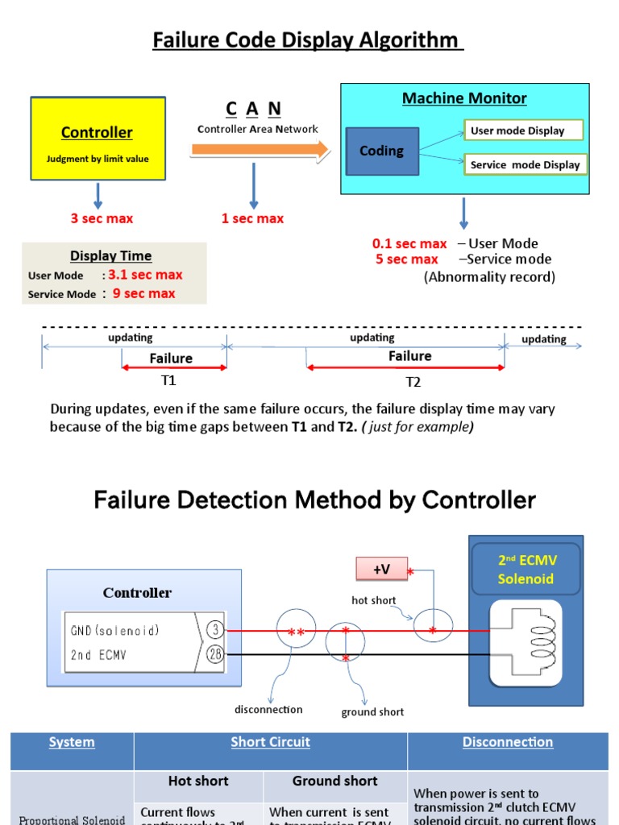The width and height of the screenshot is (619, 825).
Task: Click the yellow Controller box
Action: point(98,138)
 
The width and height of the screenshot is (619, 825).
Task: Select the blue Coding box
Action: point(381,151)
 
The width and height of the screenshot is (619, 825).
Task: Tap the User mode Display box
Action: point(523,131)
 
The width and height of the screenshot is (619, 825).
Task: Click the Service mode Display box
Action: point(525,164)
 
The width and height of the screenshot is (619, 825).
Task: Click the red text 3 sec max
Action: point(102,218)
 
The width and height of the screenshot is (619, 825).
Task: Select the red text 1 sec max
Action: point(252,218)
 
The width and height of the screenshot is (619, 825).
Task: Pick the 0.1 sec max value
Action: point(409,243)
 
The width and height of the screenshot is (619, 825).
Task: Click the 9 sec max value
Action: point(143,293)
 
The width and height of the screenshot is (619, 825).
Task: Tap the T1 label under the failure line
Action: point(168,379)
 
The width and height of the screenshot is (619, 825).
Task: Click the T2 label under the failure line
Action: point(413,381)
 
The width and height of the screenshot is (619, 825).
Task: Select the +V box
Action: point(381,569)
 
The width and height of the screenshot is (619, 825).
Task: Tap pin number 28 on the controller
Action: point(214,654)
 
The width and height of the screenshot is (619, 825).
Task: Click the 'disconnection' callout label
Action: point(268,709)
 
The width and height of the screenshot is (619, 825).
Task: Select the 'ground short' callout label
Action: point(372,711)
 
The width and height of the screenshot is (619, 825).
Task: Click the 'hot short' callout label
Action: point(373,600)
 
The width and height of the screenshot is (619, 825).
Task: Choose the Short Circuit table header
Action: point(270,742)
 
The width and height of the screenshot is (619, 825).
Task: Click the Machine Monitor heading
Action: point(464,98)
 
